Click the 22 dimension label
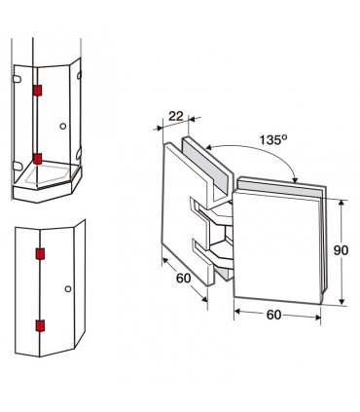click(176, 116)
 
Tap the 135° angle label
click(273, 139)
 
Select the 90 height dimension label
click(341, 250)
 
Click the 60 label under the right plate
click(273, 315)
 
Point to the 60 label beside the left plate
click(184, 278)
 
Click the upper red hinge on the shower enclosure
click(37, 91)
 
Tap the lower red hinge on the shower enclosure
click(37, 159)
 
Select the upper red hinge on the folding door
click(40, 254)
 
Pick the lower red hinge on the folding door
click(40, 325)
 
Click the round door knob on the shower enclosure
click(63, 126)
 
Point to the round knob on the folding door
click(68, 288)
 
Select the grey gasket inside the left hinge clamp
click(205, 165)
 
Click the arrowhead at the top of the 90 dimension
click(341, 203)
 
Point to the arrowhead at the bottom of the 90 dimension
click(342, 302)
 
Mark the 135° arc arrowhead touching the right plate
click(295, 179)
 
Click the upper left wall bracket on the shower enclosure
click(17, 79)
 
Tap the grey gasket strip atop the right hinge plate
click(279, 186)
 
